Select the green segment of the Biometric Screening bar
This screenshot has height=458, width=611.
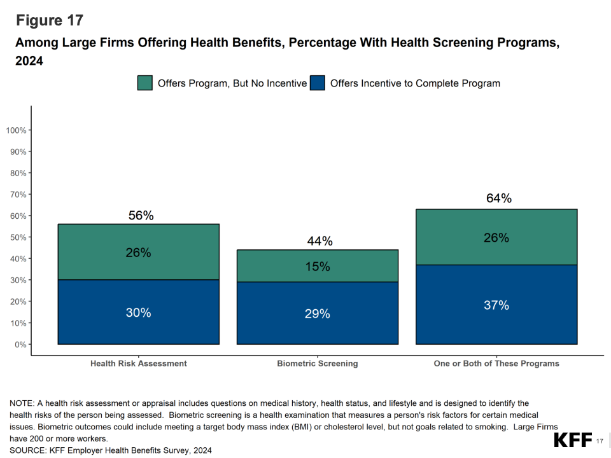coord(317,266)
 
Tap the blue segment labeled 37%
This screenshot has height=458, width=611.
coord(496,305)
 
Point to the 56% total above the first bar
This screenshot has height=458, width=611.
coord(141,216)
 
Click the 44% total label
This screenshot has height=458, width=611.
coord(320,241)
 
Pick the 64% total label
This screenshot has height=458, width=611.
coord(498,198)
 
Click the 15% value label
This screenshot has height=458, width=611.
coord(317,267)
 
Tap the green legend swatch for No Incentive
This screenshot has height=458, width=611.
coord(145,83)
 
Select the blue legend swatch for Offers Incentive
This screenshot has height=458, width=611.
coord(317,83)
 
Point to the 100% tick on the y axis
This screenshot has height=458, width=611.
coord(16,130)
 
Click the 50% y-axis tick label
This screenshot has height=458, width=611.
coord(18,237)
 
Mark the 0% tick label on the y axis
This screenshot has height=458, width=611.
coord(20,344)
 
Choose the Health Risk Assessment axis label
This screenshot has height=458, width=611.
coord(139,364)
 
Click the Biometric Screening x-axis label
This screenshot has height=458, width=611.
coord(317,364)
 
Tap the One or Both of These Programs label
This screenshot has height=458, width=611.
coord(496,364)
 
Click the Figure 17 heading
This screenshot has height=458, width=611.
coord(49,20)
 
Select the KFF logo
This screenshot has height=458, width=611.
coord(573,440)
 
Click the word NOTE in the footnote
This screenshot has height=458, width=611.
coord(22,403)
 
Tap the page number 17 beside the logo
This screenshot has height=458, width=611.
coord(600,441)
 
